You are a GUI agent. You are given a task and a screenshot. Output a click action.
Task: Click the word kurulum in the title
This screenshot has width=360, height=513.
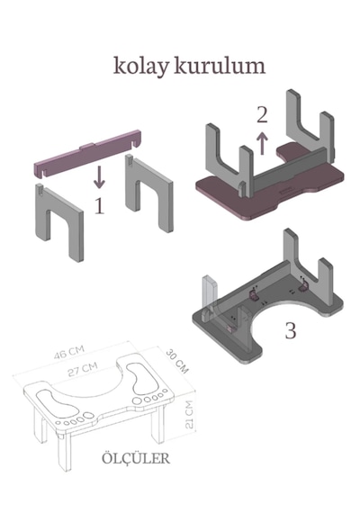[x=220, y=65]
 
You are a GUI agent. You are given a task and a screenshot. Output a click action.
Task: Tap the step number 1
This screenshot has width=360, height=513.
[x=99, y=206]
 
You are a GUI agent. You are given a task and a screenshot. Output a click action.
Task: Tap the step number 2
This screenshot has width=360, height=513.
[x=262, y=115]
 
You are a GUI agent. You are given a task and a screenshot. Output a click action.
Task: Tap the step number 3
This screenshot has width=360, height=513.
[x=291, y=331]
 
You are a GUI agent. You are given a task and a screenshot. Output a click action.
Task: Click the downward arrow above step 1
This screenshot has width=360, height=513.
[x=99, y=177]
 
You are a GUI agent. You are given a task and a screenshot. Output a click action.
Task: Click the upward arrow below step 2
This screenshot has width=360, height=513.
[x=262, y=142]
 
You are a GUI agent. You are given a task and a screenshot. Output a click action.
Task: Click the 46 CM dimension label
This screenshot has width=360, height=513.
[x=69, y=352]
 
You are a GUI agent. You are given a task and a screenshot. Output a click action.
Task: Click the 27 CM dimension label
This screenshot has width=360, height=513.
[x=83, y=369]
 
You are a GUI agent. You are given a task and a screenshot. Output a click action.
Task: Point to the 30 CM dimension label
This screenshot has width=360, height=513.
[x=177, y=361]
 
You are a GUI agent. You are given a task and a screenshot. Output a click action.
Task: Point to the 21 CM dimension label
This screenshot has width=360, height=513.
[x=189, y=414]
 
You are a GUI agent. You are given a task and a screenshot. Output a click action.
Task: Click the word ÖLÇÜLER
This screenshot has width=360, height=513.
[x=136, y=458]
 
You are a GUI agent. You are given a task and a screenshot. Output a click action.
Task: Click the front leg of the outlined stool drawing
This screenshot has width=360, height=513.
[x=64, y=452]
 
